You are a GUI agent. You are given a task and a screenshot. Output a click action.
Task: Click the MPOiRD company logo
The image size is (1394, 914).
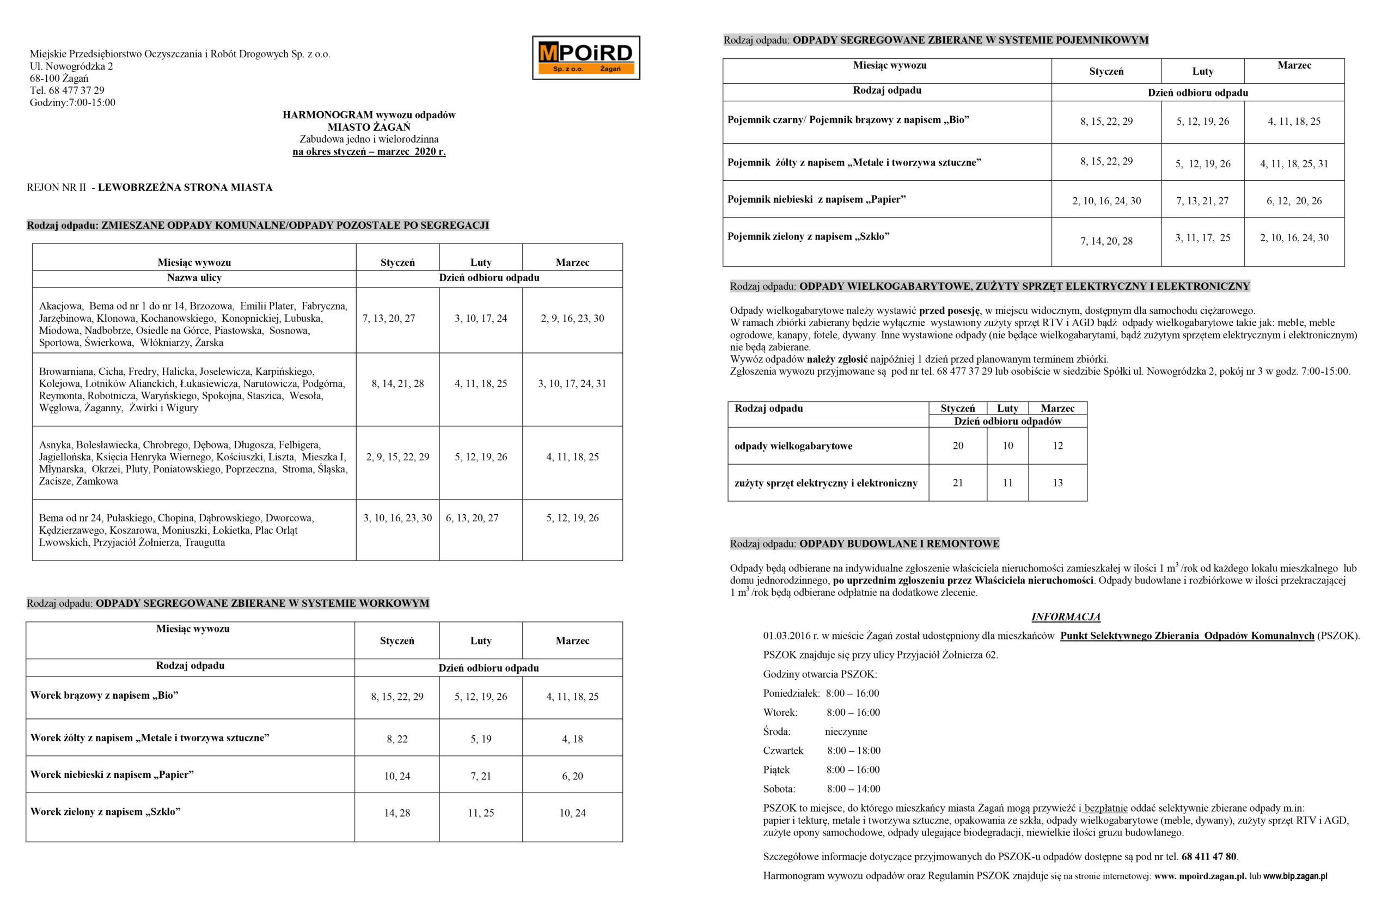[585, 57]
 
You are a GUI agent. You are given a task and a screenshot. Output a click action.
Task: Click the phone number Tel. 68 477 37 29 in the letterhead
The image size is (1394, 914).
[67, 90]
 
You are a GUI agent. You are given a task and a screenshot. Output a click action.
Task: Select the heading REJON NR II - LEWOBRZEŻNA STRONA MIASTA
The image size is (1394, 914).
[149, 187]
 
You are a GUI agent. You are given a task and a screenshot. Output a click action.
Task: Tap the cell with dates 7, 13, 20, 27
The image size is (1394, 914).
[388, 318]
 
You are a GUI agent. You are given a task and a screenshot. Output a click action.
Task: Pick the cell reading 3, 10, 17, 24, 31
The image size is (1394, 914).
[572, 384]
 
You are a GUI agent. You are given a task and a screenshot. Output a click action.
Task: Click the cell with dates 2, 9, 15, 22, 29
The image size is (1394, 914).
[397, 457]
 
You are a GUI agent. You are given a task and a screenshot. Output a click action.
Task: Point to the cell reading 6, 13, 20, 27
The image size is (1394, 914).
[472, 518]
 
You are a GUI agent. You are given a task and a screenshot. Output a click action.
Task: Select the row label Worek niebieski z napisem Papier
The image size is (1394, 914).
[112, 775]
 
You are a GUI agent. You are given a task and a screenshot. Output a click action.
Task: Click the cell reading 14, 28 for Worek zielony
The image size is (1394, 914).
[396, 813]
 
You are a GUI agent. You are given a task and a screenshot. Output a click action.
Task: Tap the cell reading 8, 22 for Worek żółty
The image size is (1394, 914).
[396, 739]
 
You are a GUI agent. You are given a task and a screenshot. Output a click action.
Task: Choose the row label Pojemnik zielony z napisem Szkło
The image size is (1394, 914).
[808, 237]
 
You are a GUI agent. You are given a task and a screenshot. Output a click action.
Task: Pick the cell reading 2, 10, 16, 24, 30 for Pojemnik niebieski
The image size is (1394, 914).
[1106, 201]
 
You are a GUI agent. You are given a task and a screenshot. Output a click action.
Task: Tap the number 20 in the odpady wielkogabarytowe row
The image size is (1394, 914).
[957, 446]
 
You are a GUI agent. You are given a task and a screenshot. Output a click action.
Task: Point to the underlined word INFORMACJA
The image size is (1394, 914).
[1066, 617]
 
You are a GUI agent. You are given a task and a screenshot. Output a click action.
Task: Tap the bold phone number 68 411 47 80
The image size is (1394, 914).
[1208, 857]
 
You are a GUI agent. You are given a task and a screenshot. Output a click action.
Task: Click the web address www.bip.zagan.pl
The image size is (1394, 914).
[1294, 876]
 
